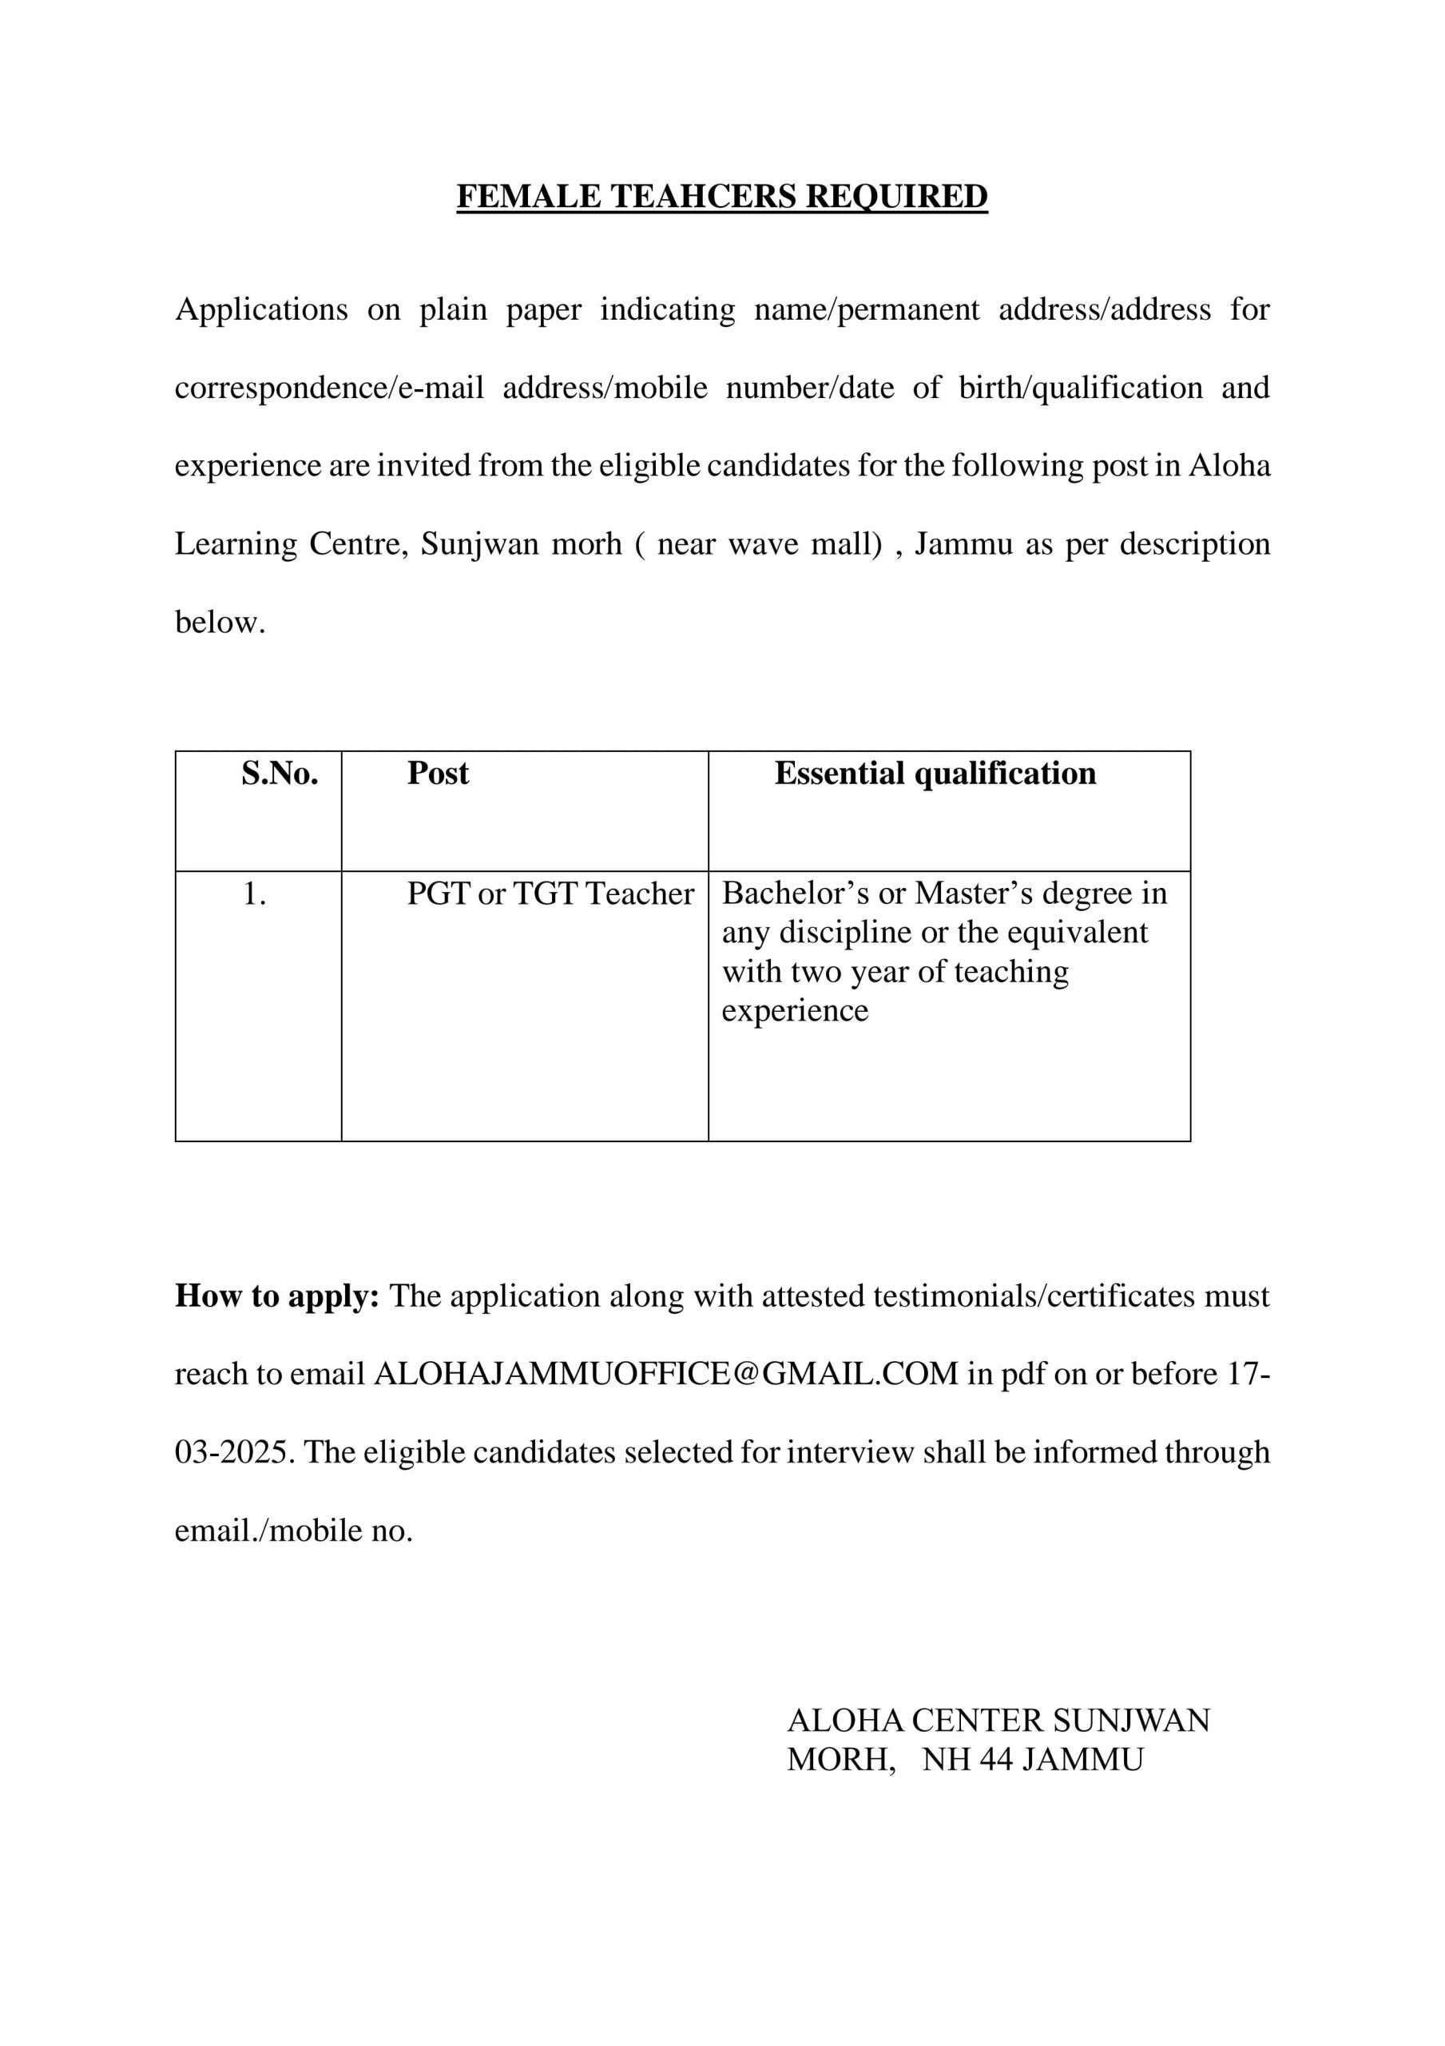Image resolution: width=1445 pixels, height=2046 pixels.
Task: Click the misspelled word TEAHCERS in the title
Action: pos(702,196)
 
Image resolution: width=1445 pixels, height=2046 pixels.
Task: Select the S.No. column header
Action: pos(279,773)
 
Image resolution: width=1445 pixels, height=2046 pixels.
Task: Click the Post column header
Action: pos(438,773)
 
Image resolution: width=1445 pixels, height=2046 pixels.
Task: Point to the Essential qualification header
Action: pos(935,773)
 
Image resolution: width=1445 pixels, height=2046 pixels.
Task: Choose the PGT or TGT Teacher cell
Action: pos(550,894)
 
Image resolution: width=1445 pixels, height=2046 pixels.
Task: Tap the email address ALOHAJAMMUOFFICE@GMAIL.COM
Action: pos(665,1373)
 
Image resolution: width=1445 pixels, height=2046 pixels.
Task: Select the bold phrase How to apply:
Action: pos(277,1296)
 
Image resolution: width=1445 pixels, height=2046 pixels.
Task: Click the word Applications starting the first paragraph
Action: pos(261,309)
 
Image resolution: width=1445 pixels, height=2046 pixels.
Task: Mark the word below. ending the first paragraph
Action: pos(220,622)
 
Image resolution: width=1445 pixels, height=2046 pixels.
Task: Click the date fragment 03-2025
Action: pos(233,1451)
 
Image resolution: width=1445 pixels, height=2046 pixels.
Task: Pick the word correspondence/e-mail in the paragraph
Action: pos(329,388)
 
